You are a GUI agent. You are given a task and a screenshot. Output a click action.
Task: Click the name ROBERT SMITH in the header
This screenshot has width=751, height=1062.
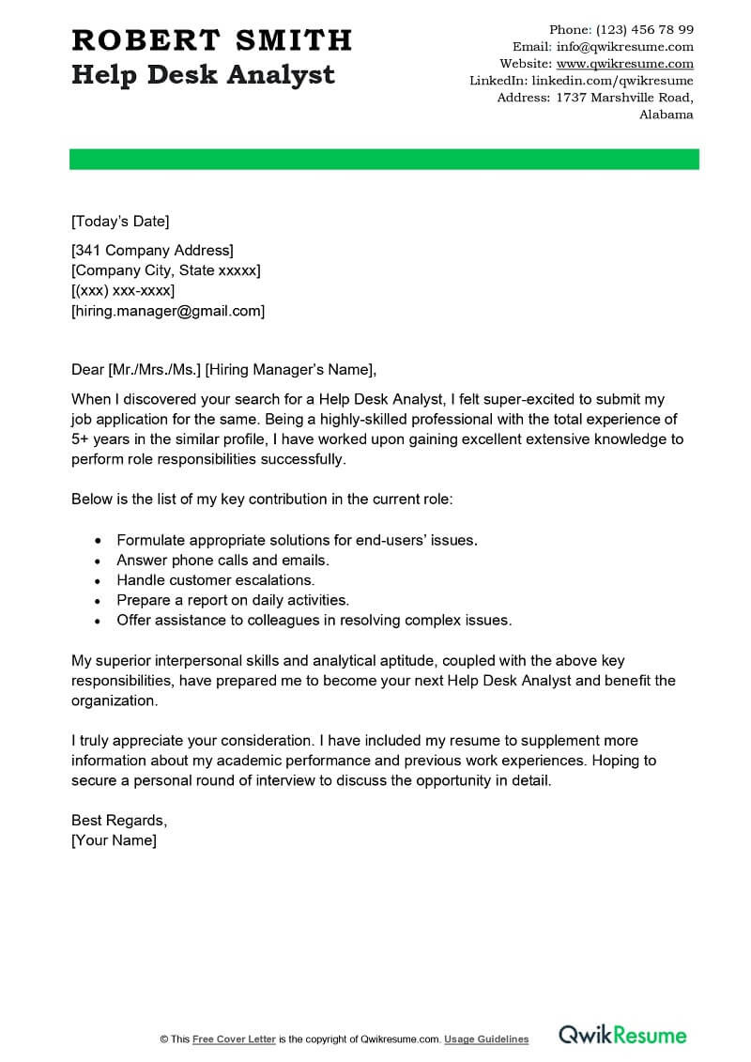211,40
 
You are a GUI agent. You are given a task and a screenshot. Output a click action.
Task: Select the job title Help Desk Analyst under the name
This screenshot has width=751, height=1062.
203,74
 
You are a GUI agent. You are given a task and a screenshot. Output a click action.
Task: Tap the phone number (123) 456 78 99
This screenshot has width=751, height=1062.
645,30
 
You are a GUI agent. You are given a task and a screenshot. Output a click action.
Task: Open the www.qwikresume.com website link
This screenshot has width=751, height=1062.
624,64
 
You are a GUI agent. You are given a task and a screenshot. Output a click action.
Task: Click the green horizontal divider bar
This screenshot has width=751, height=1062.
384,159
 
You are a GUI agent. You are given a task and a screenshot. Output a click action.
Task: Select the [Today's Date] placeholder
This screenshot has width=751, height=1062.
120,222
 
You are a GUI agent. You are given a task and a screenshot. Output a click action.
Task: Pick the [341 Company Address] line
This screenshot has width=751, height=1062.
152,250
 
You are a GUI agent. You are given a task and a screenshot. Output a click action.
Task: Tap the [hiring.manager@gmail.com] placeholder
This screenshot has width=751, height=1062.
168,311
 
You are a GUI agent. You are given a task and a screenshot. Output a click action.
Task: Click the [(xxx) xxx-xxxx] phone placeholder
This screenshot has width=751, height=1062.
123,290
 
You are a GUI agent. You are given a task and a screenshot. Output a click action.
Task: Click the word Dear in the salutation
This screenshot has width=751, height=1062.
88,368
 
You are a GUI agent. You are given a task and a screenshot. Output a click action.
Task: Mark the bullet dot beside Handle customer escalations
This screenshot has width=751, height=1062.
99,581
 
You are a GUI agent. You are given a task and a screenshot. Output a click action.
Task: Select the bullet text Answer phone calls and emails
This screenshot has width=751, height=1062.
223,561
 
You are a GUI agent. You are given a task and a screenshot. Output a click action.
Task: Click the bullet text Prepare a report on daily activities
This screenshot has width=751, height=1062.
233,600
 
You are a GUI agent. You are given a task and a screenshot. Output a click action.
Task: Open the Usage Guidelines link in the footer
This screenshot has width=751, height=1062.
486,1039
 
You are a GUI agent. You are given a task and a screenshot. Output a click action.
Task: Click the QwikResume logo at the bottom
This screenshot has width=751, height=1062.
622,1036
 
